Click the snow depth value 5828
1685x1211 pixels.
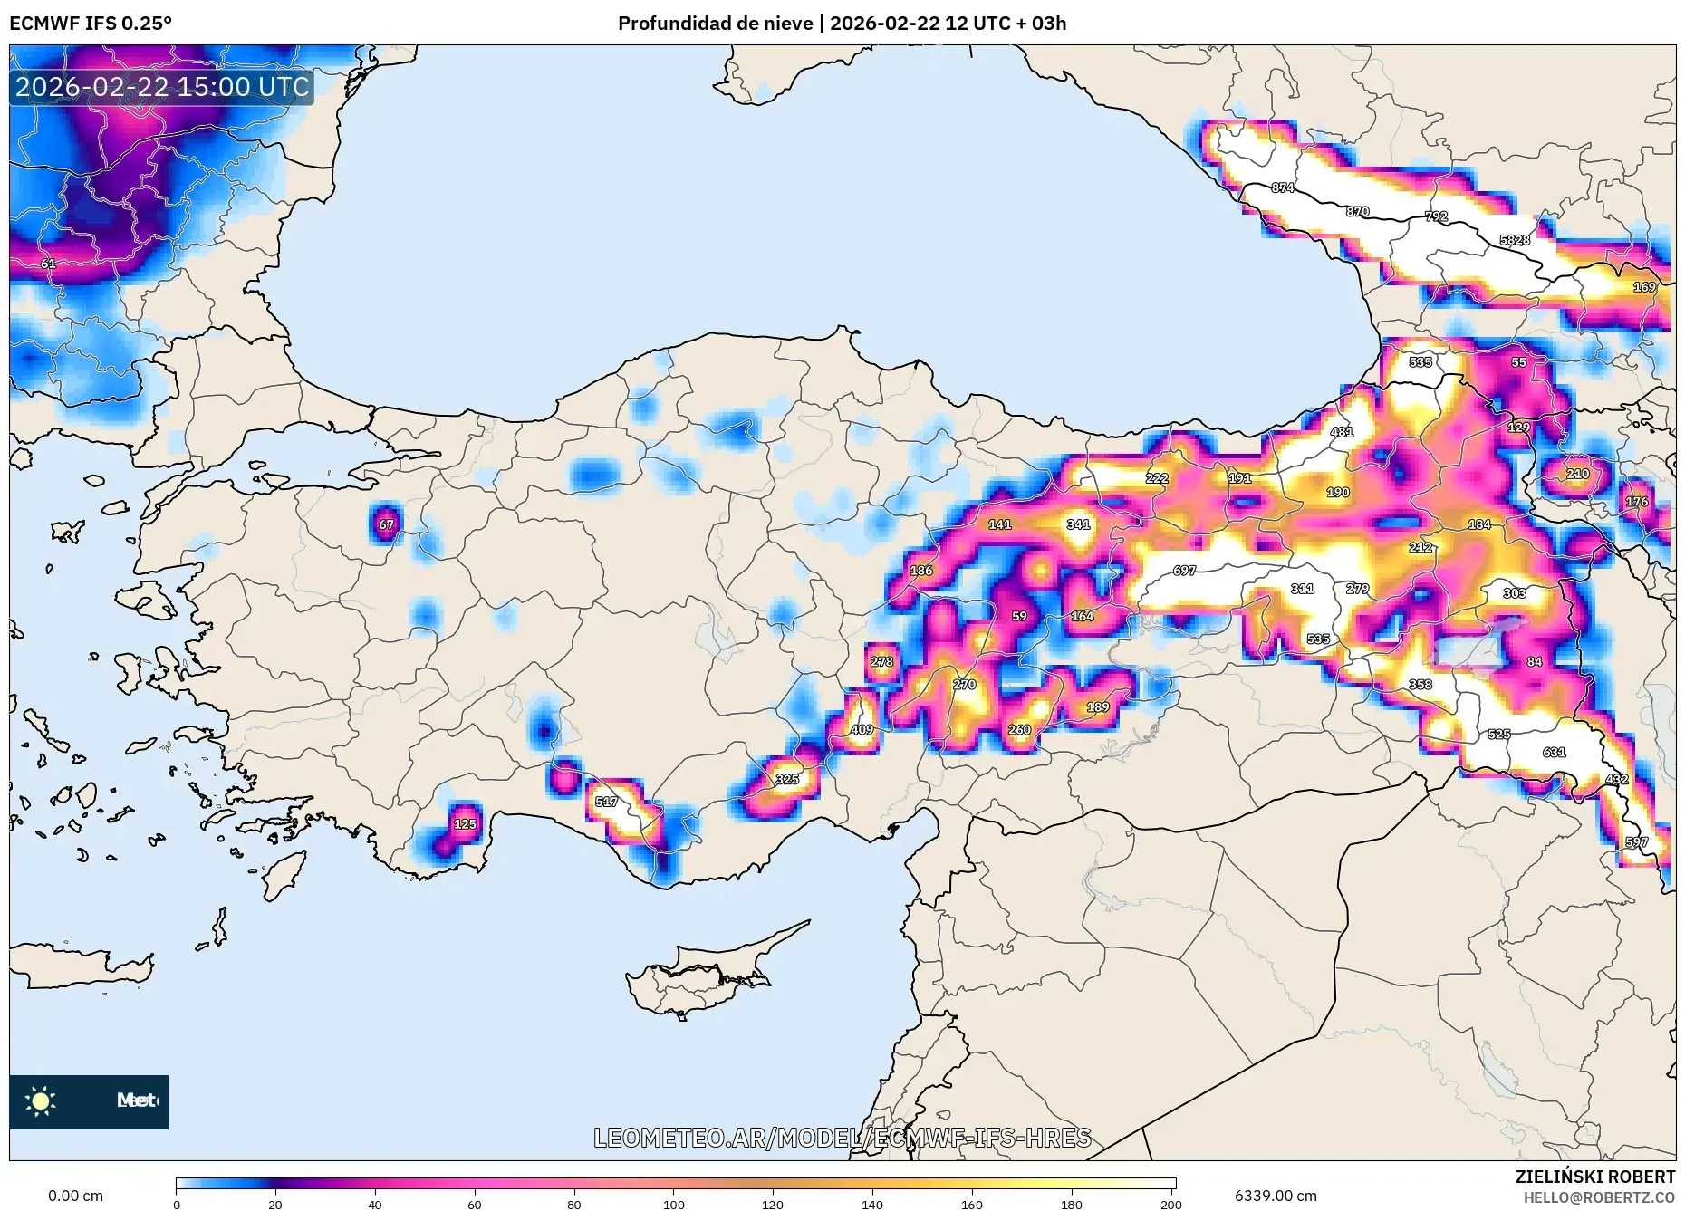pos(1514,240)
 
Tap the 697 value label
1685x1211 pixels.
pos(1184,571)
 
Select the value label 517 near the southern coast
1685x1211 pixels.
pos(606,802)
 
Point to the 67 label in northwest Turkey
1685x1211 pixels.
pos(387,524)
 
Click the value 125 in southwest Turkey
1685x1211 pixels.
pos(465,824)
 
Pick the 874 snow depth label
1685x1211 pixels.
pos(1282,188)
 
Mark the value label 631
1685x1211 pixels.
pos(1554,752)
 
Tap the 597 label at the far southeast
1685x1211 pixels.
pos(1636,842)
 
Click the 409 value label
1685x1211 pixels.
pos(862,730)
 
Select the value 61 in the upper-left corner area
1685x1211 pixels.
pos(48,264)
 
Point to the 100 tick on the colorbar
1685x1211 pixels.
pos(673,1205)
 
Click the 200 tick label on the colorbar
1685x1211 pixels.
pos(1170,1205)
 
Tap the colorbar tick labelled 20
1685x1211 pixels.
pos(275,1205)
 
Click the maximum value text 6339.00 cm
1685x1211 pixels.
pos(1275,1196)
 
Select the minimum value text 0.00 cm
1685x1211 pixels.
pos(75,1196)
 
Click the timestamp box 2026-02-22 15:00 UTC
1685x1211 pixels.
pos(162,87)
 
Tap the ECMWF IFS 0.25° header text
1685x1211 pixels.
pos(90,24)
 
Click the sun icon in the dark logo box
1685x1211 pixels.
pos(41,1101)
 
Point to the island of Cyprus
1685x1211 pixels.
pos(702,978)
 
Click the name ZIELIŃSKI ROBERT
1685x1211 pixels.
pos(1594,1177)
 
